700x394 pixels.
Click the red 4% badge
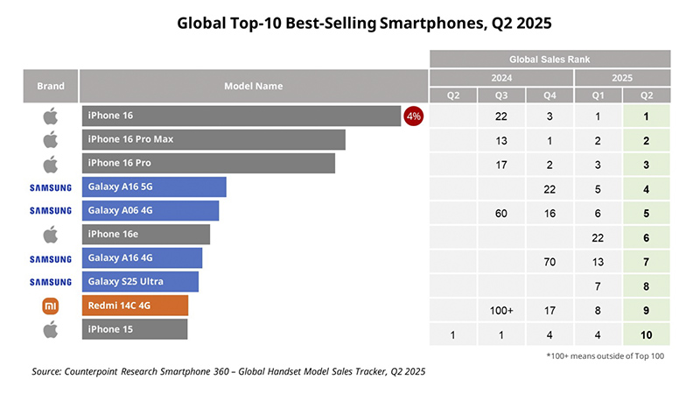(413, 116)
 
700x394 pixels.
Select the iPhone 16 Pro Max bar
(213, 139)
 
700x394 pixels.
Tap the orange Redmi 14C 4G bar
(135, 306)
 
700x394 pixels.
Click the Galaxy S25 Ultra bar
(140, 281)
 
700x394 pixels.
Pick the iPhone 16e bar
(146, 234)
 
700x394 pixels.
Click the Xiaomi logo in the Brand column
(50, 306)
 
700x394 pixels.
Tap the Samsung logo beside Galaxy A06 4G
(50, 210)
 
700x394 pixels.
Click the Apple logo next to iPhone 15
(50, 329)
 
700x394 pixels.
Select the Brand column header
(50, 87)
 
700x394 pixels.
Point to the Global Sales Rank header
(549, 60)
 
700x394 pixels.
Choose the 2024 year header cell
(500, 77)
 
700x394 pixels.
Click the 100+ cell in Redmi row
(500, 310)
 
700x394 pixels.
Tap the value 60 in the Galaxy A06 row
(500, 214)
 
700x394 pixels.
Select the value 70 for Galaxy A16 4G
(549, 262)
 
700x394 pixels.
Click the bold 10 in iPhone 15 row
(647, 334)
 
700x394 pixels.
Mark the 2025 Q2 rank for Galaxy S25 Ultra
(647, 286)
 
